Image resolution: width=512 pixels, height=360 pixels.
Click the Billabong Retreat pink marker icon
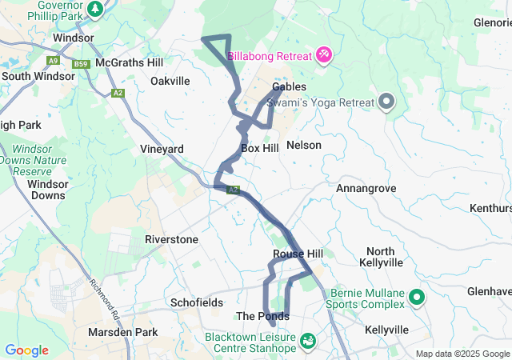[324, 55]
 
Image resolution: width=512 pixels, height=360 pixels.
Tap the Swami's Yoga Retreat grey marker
[387, 102]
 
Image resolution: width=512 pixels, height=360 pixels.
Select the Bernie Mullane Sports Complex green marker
[417, 298]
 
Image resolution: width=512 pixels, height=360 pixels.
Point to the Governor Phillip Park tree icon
[95, 9]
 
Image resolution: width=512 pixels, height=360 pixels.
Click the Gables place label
[289, 86]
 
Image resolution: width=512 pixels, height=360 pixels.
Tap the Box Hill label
[259, 148]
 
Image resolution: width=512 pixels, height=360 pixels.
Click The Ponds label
[262, 316]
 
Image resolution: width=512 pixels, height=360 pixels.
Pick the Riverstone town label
[171, 239]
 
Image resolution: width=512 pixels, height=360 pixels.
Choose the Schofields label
[193, 302]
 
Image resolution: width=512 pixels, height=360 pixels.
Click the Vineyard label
[162, 149]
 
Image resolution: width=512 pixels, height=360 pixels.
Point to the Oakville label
[170, 81]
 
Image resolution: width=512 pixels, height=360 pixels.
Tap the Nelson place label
[303, 146]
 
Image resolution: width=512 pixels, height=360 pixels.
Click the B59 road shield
[79, 64]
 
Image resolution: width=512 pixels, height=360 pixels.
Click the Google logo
[26, 350]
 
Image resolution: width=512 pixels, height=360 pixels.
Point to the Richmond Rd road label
[104, 294]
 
